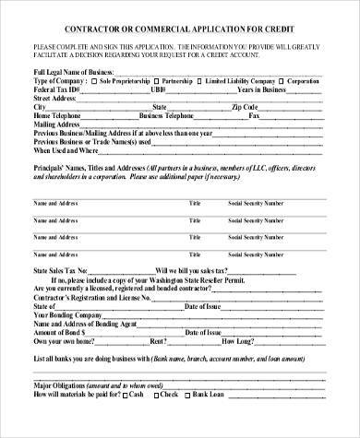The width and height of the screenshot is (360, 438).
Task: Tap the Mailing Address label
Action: tap(58, 123)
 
